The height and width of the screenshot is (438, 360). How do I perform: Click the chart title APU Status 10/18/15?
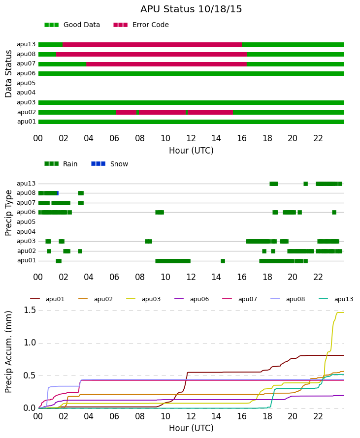[x=191, y=9]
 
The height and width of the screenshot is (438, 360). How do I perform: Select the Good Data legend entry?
[x=72, y=25]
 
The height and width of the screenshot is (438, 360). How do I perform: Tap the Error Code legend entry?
[x=141, y=25]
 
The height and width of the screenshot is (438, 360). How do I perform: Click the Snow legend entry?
[x=109, y=164]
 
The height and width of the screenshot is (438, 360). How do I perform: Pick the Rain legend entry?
[x=61, y=164]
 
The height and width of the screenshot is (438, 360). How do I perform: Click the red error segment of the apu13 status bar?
[x=152, y=44]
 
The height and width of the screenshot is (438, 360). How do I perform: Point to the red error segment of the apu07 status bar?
[x=166, y=64]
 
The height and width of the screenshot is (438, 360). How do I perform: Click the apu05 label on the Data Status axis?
[x=26, y=83]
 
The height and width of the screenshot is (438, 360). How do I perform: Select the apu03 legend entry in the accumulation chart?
[x=143, y=299]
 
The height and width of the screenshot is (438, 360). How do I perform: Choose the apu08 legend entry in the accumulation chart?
[x=288, y=299]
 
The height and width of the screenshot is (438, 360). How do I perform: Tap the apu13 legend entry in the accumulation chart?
[x=336, y=299]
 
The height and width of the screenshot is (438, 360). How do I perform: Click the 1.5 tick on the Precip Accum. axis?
[x=30, y=310]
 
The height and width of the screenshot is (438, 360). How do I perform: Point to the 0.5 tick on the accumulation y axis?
[x=30, y=375]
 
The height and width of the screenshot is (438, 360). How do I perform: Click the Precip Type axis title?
[x=8, y=213]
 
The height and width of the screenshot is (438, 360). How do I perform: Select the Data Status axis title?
[x=8, y=74]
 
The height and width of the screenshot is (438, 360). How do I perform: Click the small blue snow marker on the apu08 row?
[x=58, y=193]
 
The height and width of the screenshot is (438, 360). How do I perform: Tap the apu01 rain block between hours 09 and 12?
[x=173, y=261]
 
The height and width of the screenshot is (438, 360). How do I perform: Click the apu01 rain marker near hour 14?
[x=223, y=261]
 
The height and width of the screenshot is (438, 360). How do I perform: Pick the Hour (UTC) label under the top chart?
[x=191, y=151]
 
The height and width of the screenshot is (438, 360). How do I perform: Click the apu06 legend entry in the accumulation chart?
[x=192, y=299]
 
